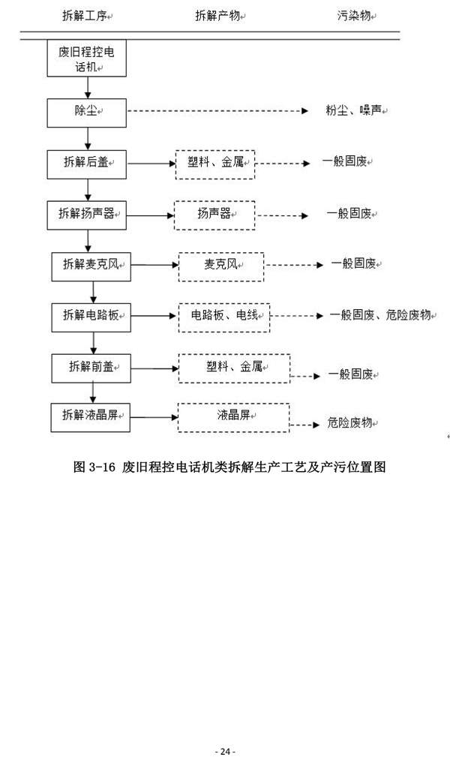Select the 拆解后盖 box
click(x=87, y=162)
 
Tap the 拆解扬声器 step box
click(x=87, y=214)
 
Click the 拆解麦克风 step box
click(x=91, y=265)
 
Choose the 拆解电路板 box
click(x=91, y=316)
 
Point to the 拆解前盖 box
click(x=91, y=368)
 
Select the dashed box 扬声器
click(x=214, y=215)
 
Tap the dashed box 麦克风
click(x=221, y=266)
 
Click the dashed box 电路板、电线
click(x=223, y=316)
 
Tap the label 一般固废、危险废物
click(x=380, y=316)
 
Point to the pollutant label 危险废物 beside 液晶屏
click(x=350, y=424)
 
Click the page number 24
click(x=224, y=730)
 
